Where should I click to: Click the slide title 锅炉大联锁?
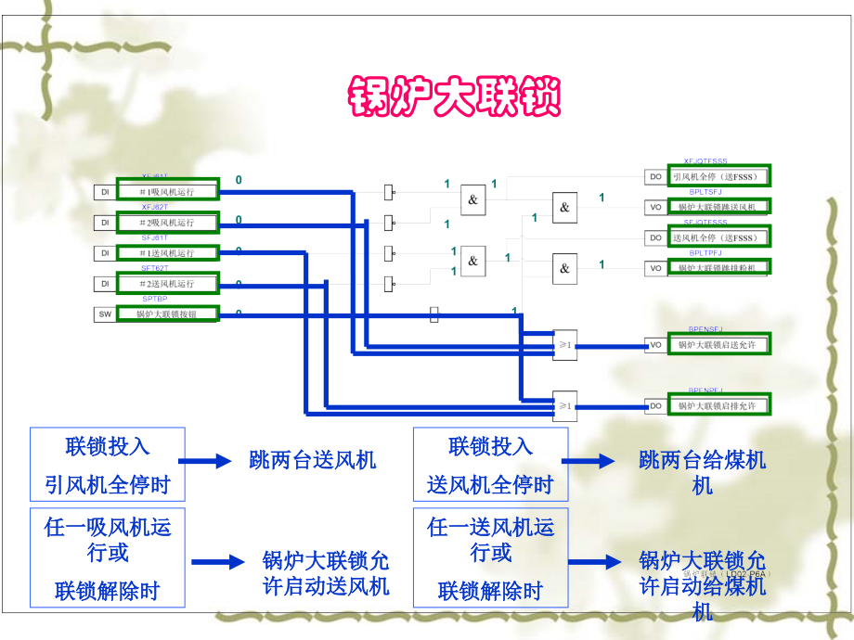coord(455,96)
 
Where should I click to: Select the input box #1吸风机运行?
coord(167,191)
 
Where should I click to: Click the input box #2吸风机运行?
coord(167,223)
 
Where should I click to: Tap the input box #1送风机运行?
coord(167,253)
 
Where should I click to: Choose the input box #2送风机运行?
coord(167,283)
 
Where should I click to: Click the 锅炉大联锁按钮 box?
coord(167,314)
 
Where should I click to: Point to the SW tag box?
coord(105,314)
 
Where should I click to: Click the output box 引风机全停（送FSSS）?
coord(718,176)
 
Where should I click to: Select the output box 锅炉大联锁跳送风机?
coord(718,207)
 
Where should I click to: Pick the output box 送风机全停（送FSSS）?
coord(718,237)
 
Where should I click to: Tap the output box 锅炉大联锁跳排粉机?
coord(718,268)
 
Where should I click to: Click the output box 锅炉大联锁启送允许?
coord(718,345)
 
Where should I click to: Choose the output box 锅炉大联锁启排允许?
coord(718,406)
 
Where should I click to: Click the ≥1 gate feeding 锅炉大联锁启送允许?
coord(564,344)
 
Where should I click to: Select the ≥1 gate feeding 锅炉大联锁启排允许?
coord(564,404)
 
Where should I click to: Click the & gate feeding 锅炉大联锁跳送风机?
coord(564,207)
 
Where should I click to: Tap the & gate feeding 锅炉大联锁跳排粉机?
coord(564,268)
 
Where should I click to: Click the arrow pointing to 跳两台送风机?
coord(203,460)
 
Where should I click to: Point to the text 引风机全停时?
coord(108,484)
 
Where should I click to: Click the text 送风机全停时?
coord(490,484)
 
